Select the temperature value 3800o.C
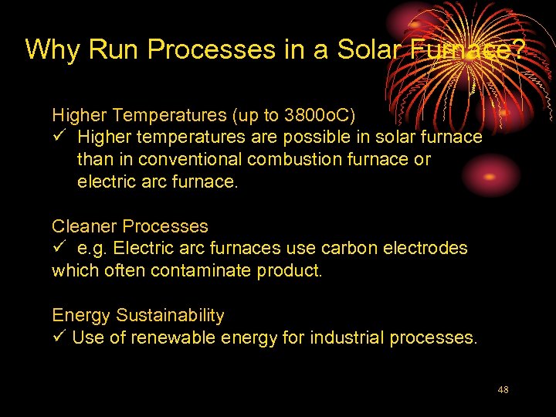pyautogui.click(x=320, y=116)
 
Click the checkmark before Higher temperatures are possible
pyautogui.click(x=59, y=137)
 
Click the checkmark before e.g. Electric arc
pyautogui.click(x=59, y=248)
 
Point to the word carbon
pyautogui.click(x=333, y=248)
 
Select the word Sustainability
pyautogui.click(x=171, y=315)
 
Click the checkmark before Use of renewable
pyautogui.click(x=59, y=337)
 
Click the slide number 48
pyautogui.click(x=503, y=390)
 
